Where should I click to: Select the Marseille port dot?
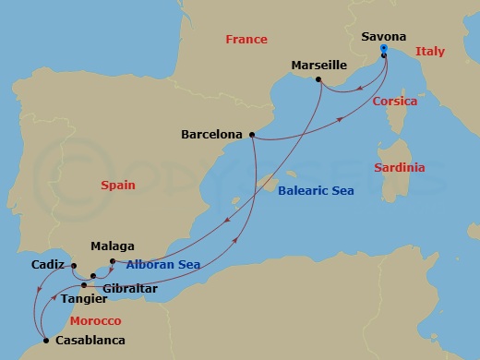coord(319,80)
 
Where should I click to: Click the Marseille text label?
coord(318,66)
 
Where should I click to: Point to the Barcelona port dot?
coord(251,134)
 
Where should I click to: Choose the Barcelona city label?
coord(211,134)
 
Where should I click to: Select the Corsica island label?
coord(395,102)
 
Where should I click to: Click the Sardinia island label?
coord(399,168)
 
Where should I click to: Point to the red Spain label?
coord(118,186)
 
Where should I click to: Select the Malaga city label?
coord(113,246)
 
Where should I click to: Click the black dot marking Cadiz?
coord(72,266)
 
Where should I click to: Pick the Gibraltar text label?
coord(130,289)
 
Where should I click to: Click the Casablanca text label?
coord(90,341)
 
